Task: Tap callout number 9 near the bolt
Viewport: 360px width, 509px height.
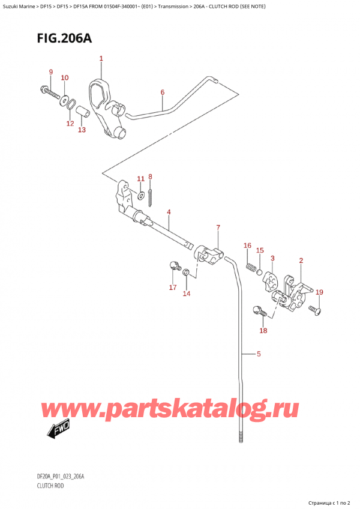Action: point(51,73)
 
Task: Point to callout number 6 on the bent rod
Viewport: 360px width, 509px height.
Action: point(162,92)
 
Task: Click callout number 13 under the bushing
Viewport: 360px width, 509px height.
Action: point(82,130)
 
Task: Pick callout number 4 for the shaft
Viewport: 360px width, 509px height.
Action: point(169,212)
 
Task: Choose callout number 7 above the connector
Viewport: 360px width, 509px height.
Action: point(218,227)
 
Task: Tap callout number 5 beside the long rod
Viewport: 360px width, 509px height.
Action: point(259,354)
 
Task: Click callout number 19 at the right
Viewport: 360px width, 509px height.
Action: point(319,292)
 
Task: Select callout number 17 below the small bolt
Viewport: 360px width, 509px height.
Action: point(173,288)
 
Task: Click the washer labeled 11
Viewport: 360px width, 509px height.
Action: point(140,193)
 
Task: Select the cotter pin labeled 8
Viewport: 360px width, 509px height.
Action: point(151,195)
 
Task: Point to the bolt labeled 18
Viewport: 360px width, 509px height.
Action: point(260,312)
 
